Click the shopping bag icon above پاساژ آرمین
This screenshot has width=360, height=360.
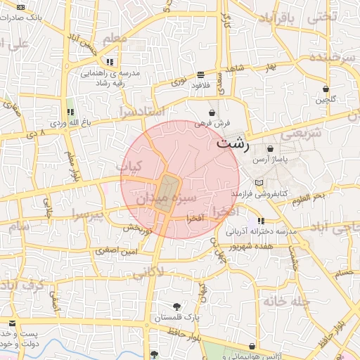pos(271,149)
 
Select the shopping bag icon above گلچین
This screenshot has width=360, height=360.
pos(326,89)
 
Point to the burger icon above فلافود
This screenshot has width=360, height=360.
pos(201,75)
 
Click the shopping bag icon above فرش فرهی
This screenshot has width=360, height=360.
pos(212,112)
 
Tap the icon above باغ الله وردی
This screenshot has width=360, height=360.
pos(70,112)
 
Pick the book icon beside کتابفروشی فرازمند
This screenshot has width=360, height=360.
pos(259,183)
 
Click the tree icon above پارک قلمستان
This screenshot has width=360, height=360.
pos(176,307)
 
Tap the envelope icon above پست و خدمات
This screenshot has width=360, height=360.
pos(12,323)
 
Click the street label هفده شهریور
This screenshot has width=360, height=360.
pos(268,247)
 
